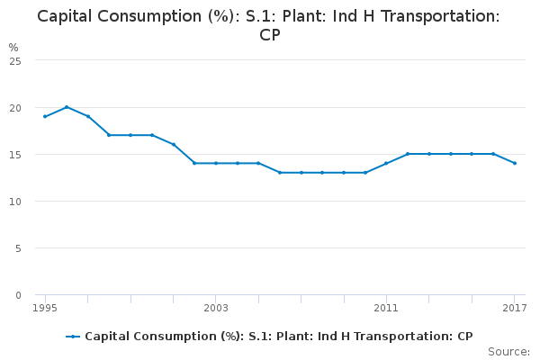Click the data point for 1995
click(x=45, y=116)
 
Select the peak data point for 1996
click(x=67, y=107)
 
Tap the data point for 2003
click(x=216, y=163)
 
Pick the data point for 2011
click(x=386, y=163)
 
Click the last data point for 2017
click(x=515, y=163)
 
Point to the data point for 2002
click(x=194, y=163)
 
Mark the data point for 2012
click(x=408, y=154)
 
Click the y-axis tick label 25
click(x=15, y=60)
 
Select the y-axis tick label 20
click(x=15, y=107)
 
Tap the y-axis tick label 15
click(x=15, y=154)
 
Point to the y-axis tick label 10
click(x=15, y=201)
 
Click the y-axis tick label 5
click(x=18, y=247)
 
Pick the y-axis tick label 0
click(x=18, y=294)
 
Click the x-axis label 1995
click(x=45, y=309)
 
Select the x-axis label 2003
click(x=216, y=309)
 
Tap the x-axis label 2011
click(x=386, y=309)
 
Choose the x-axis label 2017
click(x=515, y=309)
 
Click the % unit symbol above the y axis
click(x=13, y=47)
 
